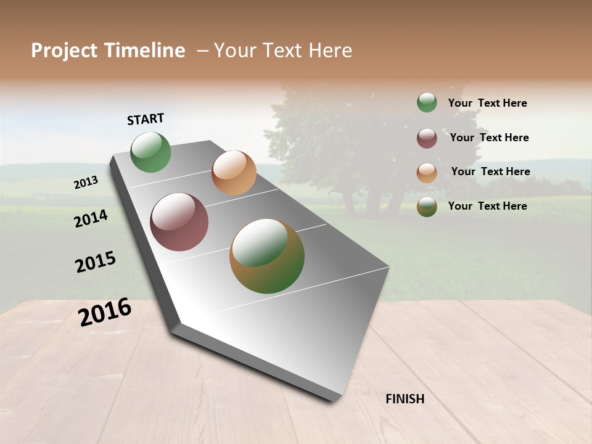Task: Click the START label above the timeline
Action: click(146, 119)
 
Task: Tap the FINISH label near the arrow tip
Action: click(405, 399)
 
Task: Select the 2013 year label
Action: click(86, 182)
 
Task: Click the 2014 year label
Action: click(91, 218)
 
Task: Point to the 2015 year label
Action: click(96, 262)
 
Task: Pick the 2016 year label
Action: click(105, 312)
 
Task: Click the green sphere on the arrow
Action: click(151, 152)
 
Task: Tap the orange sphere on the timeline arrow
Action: click(234, 173)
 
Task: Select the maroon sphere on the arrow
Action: click(179, 222)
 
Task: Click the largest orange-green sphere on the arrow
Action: click(267, 256)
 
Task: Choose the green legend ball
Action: click(427, 102)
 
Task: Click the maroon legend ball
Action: click(427, 138)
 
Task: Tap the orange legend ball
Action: click(427, 173)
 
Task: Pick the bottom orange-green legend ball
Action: click(427, 207)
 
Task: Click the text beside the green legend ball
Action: click(487, 103)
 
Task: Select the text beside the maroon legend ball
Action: click(489, 138)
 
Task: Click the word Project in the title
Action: click(64, 51)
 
